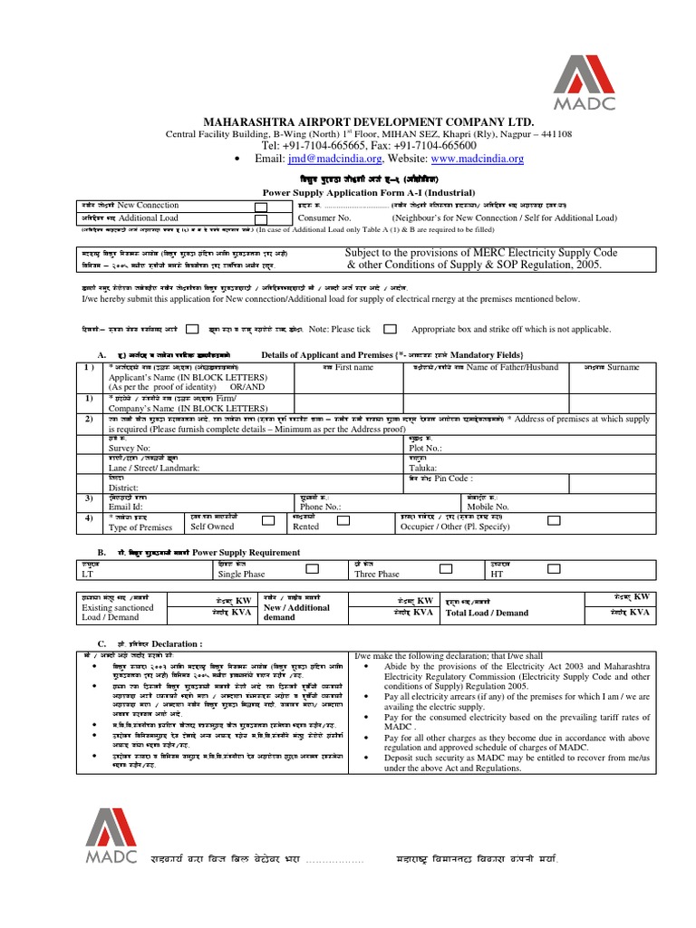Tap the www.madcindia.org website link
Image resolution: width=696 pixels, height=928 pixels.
pyautogui.click(x=453, y=159)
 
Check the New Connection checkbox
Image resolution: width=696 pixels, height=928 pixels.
pyautogui.click(x=261, y=207)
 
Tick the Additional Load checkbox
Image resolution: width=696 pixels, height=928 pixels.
pyautogui.click(x=261, y=218)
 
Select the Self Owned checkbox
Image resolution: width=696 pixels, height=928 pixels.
pyautogui.click(x=268, y=521)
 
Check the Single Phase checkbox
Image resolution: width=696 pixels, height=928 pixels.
pyautogui.click(x=311, y=569)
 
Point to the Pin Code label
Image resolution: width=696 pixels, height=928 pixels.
pyautogui.click(x=453, y=478)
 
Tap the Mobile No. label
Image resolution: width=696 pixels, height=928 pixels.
pyautogui.click(x=489, y=507)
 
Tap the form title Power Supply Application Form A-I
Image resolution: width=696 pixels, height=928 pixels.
pyautogui.click(x=343, y=192)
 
